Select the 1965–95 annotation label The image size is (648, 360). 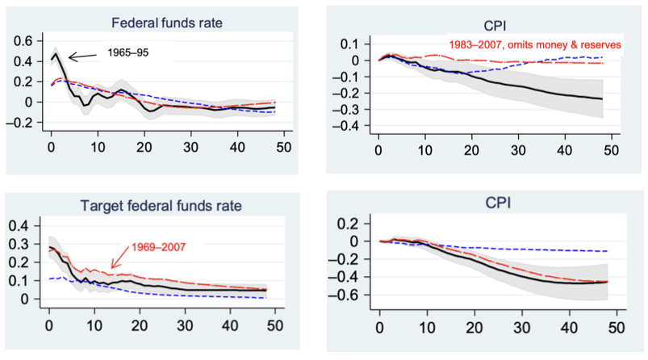(x=128, y=54)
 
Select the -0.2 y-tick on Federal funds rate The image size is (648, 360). (x=24, y=123)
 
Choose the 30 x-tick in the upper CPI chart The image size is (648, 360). (x=517, y=151)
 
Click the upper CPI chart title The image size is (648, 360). (x=495, y=23)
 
